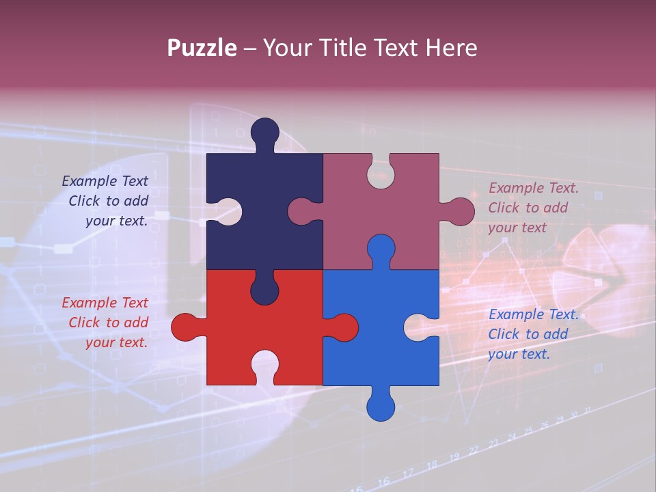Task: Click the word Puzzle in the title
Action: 202,48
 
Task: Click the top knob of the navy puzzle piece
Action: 264,133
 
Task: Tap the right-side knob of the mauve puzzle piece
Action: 460,212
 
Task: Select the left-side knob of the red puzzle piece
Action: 185,327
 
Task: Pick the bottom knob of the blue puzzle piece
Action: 381,406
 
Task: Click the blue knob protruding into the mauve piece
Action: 381,249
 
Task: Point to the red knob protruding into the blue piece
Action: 344,327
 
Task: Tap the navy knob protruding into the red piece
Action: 264,288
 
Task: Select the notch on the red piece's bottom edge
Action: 264,365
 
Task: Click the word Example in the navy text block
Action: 90,181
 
